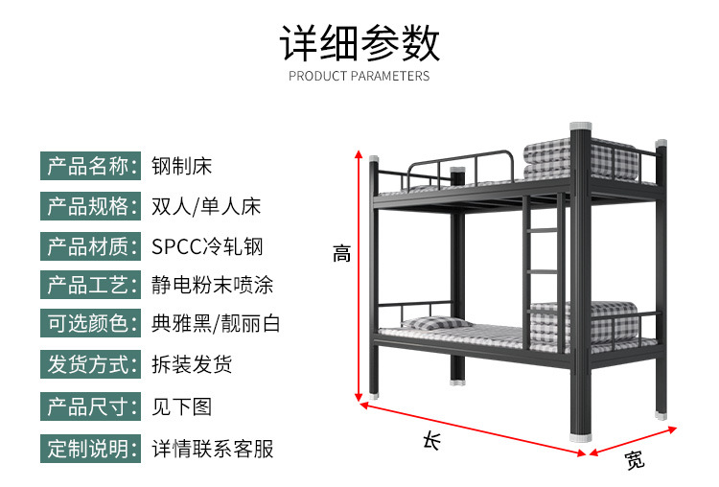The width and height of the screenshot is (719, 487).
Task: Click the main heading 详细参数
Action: pos(359,43)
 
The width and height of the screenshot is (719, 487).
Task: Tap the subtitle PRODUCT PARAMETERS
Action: pos(359,76)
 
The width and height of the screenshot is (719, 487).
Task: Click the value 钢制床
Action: pos(181,166)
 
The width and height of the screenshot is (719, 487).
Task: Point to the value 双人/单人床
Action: pos(206,206)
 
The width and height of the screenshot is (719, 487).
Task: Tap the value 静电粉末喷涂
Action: pos(213,286)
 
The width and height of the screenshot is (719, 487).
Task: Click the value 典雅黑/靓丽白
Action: pos(216,325)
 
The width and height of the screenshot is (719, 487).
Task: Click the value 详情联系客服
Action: pos(213,448)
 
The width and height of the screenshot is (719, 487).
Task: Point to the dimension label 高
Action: pos(342,254)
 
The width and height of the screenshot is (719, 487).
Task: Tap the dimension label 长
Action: pos(432,440)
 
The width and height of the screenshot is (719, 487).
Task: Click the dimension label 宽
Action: pos(634,461)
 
